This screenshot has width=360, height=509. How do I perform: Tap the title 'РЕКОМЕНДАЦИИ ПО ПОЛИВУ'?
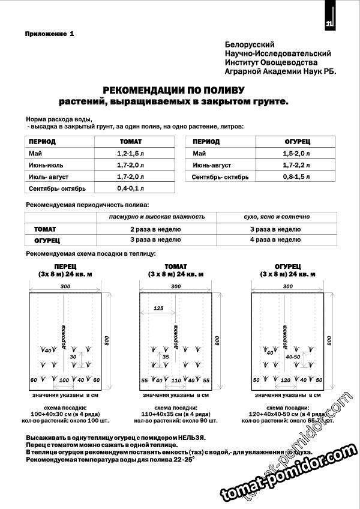click(x=178, y=90)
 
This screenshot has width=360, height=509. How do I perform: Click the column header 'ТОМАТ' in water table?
click(x=131, y=142)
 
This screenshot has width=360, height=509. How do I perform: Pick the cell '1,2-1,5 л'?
click(x=131, y=154)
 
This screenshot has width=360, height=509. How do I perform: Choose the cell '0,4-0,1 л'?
click(x=131, y=188)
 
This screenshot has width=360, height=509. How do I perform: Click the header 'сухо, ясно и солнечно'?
click(x=275, y=216)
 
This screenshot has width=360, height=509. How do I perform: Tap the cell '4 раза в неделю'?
click(x=275, y=239)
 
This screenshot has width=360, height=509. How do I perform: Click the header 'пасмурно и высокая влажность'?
click(x=156, y=216)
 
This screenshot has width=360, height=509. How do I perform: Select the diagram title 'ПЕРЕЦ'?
click(x=64, y=266)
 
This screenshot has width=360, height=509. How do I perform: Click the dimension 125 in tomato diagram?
click(x=158, y=308)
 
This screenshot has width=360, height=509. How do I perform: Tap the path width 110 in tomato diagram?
click(x=176, y=381)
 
